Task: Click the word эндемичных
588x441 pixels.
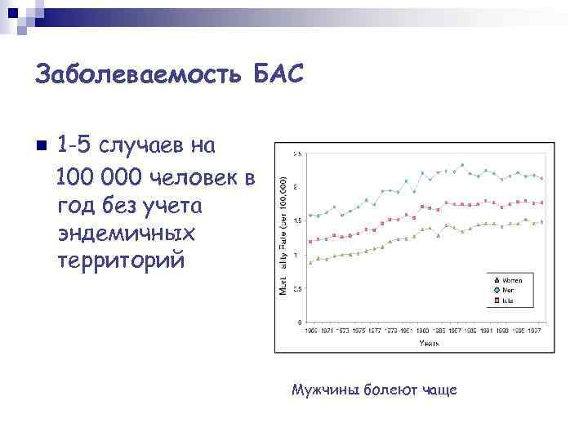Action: [x=127, y=233]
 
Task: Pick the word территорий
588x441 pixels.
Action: [x=122, y=261]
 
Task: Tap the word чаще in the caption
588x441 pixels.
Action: [x=440, y=390]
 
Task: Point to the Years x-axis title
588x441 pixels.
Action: [x=430, y=343]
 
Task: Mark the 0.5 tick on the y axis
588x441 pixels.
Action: [x=297, y=288]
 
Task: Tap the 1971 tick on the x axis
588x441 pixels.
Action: [x=327, y=330]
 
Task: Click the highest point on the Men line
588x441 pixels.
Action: [x=462, y=165]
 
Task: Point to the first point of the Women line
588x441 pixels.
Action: [x=310, y=263]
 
